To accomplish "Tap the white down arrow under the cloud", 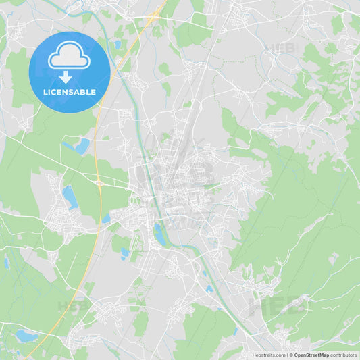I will pyautogui.click(x=66, y=78).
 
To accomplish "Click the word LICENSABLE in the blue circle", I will pyautogui.click(x=69, y=92).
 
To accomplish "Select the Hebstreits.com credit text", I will pyautogui.click(x=267, y=355).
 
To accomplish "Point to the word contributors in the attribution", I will pyautogui.click(x=343, y=355).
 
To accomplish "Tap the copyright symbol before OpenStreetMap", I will pyautogui.click(x=290, y=355).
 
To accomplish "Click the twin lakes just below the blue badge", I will pyautogui.click(x=78, y=145).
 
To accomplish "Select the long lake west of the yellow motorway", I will pyautogui.click(x=70, y=197).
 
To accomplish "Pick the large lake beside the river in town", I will pyautogui.click(x=159, y=235).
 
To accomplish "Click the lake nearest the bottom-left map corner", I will pyautogui.click(x=27, y=335).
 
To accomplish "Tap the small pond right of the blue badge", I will pyautogui.click(x=118, y=45).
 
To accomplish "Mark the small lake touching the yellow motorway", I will pyautogui.click(x=107, y=218).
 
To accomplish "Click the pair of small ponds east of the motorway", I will pyautogui.click(x=125, y=253).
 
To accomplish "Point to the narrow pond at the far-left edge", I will pyautogui.click(x=7, y=263).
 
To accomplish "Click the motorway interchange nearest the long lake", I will pyautogui.click(x=99, y=182).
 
